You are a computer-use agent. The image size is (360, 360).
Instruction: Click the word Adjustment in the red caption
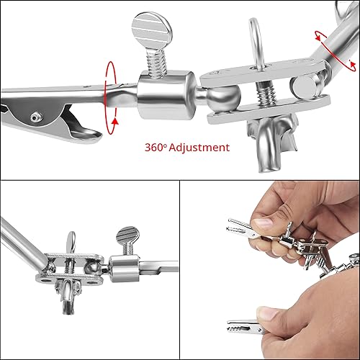tap(199, 148)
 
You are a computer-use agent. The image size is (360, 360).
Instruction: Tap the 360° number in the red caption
tap(155, 148)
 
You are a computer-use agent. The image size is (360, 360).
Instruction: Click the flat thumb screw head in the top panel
tap(152, 30)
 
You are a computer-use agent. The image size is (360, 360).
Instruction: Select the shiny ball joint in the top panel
tap(224, 97)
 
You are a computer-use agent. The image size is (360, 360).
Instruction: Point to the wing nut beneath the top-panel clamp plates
tap(274, 143)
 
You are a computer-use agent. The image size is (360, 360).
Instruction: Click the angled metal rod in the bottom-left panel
tap(23, 243)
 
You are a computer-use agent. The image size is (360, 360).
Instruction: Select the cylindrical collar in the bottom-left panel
tap(125, 268)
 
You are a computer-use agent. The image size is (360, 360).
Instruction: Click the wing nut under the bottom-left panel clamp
tap(68, 296)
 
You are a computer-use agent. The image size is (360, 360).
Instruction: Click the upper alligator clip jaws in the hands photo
tap(240, 227)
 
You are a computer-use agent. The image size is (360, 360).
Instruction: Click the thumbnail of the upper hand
tap(264, 224)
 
